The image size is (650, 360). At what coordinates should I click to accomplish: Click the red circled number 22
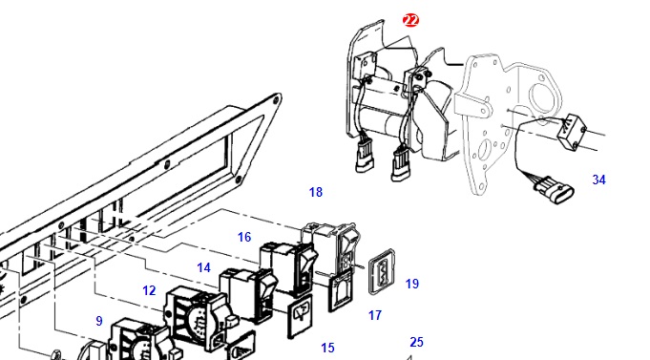coord(410,20)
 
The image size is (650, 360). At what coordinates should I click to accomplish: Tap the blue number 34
coord(598,180)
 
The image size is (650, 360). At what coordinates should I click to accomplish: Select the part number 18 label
coord(316,192)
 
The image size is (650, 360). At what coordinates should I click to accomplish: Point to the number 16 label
coord(244,237)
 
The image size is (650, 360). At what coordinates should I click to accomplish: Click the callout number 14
coord(203,267)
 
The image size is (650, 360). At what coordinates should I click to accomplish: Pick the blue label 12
coord(149,290)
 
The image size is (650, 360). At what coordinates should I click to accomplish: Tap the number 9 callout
coord(99,321)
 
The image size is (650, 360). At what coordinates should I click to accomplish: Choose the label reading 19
coord(412,284)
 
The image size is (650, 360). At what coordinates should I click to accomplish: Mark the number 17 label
coord(375,315)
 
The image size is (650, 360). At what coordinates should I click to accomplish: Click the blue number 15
coord(327,348)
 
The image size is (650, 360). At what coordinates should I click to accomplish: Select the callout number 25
coord(416,342)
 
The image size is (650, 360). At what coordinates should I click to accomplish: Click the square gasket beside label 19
coord(382,271)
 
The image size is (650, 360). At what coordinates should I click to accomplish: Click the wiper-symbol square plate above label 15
coord(301,316)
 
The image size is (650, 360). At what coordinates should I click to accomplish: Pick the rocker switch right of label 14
coord(249,294)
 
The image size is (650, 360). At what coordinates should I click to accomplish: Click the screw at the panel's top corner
coord(275,99)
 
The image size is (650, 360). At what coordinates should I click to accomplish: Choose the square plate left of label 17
coord(341,292)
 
